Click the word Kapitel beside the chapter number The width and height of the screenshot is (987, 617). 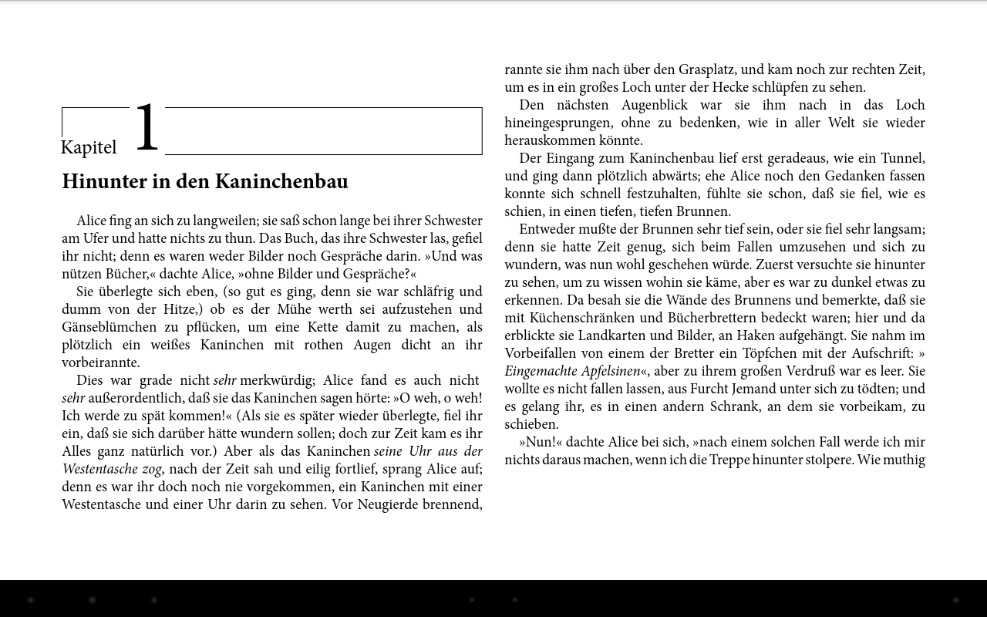coord(89,147)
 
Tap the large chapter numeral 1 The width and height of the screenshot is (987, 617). coord(147,127)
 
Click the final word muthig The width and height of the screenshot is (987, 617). coord(904,460)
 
